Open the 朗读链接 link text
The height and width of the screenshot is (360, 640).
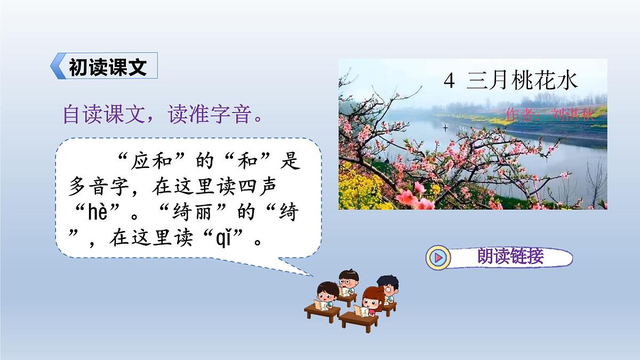(x=510, y=257)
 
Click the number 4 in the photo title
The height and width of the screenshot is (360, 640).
(x=450, y=81)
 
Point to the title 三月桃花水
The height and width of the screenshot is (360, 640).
(x=522, y=81)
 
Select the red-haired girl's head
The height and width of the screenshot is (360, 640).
(x=373, y=297)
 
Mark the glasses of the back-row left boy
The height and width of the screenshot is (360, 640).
(x=347, y=281)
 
